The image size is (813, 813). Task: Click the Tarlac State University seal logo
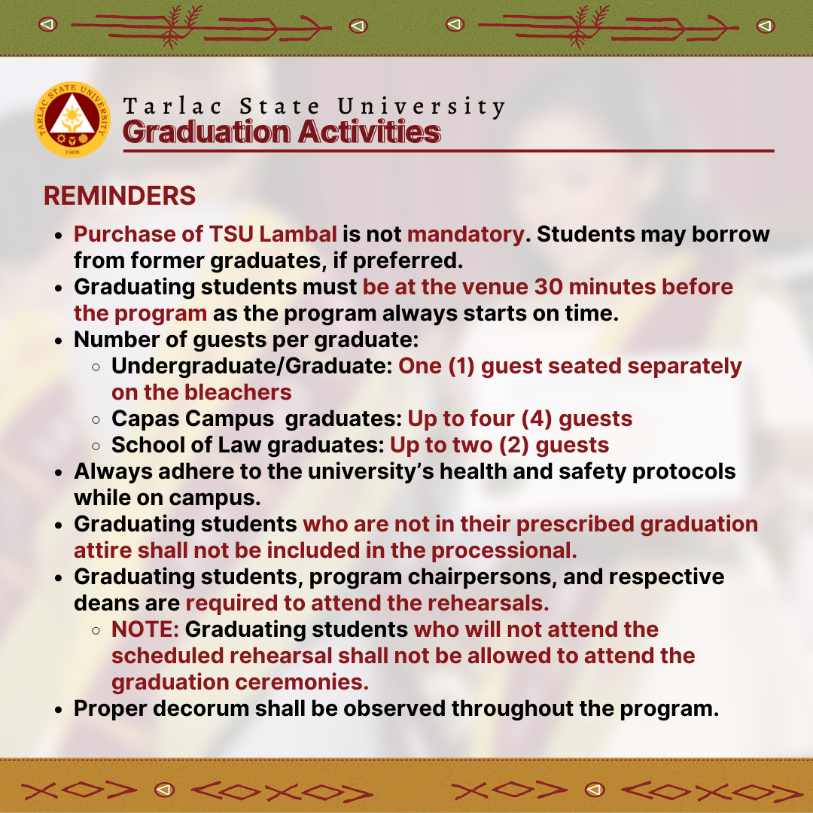(72, 119)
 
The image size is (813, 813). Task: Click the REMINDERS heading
(120, 196)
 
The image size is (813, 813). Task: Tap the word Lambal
(298, 234)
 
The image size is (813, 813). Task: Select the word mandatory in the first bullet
(466, 235)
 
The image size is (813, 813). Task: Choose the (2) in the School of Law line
(514, 446)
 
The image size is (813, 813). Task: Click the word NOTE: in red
(145, 629)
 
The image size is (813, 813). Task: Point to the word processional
(504, 550)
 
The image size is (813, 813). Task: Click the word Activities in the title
(369, 132)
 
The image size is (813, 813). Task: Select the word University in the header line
(421, 107)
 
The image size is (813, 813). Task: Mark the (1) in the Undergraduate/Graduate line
(462, 366)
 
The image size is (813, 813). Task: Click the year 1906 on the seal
(72, 152)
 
